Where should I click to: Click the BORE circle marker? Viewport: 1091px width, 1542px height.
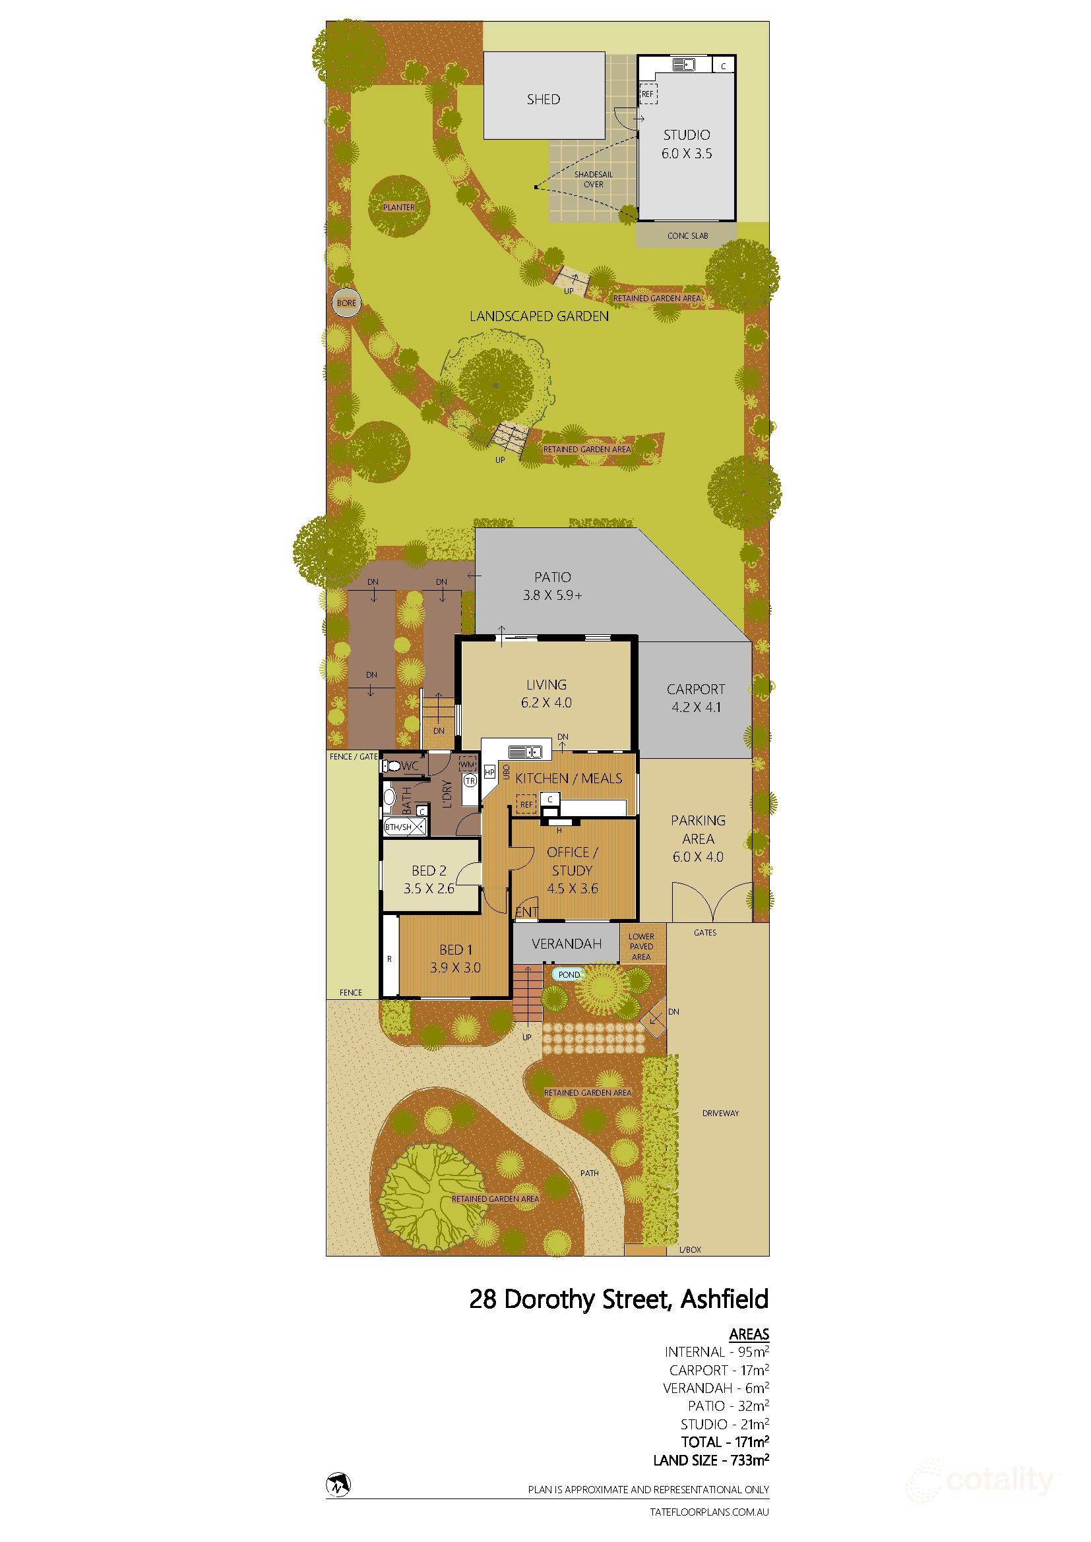click(x=346, y=303)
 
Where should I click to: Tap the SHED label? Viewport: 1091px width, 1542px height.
click(x=543, y=100)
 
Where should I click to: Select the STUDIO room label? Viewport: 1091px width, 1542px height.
click(x=687, y=134)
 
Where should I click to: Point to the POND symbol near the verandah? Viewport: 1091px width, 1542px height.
click(x=569, y=974)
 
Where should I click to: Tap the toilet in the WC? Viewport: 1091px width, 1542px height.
click(x=392, y=765)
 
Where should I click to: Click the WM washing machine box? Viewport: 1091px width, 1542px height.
click(x=467, y=763)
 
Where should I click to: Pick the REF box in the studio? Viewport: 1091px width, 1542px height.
click(x=648, y=94)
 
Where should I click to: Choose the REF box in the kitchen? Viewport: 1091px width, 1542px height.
click(x=526, y=804)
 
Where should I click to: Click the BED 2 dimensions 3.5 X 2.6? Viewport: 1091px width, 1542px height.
click(x=429, y=888)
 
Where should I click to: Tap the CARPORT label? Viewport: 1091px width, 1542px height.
click(x=695, y=689)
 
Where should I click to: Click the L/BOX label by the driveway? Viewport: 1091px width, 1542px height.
click(x=690, y=1249)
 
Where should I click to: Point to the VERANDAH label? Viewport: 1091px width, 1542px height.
click(x=567, y=943)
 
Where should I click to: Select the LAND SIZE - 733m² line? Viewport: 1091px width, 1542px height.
click(x=711, y=1460)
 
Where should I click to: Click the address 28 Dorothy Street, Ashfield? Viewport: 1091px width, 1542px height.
click(x=618, y=1299)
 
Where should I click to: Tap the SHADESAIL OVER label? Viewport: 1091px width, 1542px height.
click(x=593, y=179)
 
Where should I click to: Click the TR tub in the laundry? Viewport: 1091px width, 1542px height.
click(x=470, y=781)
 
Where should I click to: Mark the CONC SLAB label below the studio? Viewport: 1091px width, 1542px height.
click(x=687, y=236)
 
